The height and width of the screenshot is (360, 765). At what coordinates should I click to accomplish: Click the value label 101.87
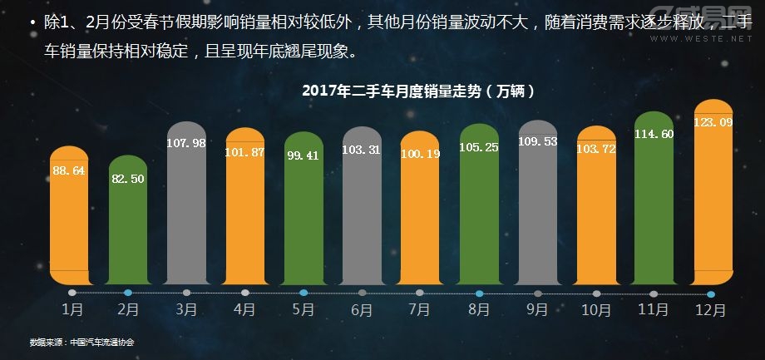point(244,153)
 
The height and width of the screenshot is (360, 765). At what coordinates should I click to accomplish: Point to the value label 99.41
point(303,155)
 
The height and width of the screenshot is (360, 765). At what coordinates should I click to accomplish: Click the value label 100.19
point(419,154)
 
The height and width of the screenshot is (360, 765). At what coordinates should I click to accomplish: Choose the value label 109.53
point(537,142)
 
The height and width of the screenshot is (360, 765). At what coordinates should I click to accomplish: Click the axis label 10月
point(595,310)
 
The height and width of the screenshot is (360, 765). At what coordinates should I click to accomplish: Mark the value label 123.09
point(713,123)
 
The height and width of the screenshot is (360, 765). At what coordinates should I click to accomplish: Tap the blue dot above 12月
point(711,293)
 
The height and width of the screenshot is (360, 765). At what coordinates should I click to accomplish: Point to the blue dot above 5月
point(304,293)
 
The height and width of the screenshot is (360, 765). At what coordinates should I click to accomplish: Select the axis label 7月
point(420,310)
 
